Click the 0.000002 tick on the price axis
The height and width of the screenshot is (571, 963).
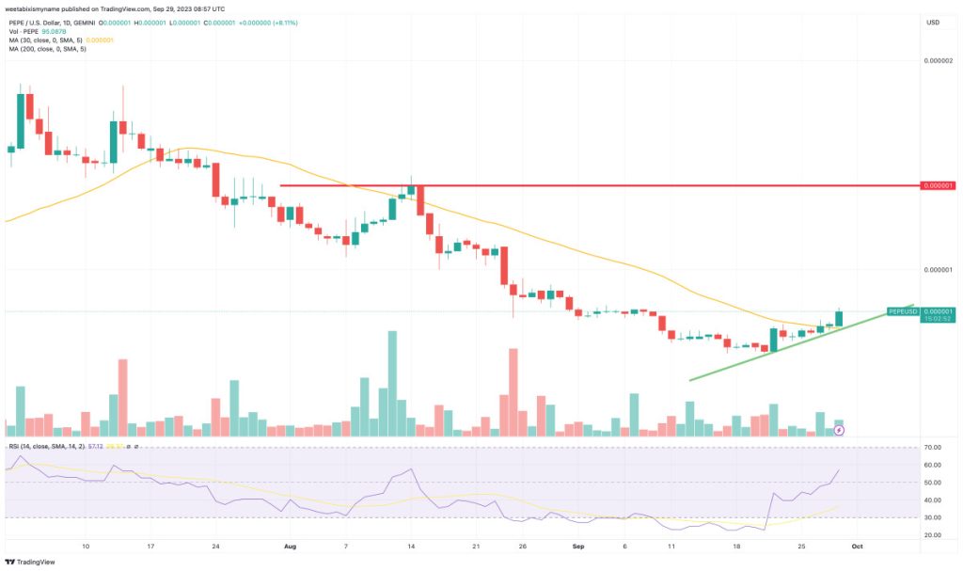pos(939,60)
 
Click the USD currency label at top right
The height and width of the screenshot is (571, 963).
pos(933,22)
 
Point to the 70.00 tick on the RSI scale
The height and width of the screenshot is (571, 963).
pos(933,447)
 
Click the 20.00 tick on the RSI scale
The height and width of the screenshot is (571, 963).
pos(933,534)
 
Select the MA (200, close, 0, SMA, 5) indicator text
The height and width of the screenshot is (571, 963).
pos(47,49)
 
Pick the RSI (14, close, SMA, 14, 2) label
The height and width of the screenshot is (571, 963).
pos(46,445)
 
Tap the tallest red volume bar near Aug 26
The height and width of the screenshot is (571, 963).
pos(513,391)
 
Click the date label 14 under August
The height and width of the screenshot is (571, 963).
pos(410,546)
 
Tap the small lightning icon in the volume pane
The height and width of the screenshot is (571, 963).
pos(840,430)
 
